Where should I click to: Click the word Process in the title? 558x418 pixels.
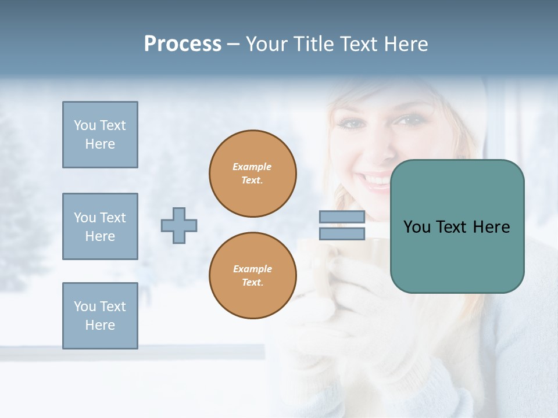click(x=183, y=44)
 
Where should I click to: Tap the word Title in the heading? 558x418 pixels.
click(x=314, y=44)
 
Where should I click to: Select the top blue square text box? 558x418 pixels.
click(x=100, y=135)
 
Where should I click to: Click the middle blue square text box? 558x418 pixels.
click(x=100, y=226)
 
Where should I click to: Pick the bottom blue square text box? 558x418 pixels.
click(x=100, y=316)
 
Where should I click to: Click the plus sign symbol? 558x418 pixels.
click(x=179, y=225)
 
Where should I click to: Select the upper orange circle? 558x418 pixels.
click(x=253, y=174)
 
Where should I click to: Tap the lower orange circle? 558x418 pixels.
click(x=253, y=276)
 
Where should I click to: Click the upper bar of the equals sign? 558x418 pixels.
click(x=342, y=217)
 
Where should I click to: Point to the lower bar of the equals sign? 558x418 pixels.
click(x=342, y=233)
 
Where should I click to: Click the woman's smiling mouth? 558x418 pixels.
click(x=378, y=182)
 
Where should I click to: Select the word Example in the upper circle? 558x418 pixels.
click(x=252, y=167)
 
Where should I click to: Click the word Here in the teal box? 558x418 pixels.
click(x=491, y=227)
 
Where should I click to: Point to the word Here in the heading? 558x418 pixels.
click(x=405, y=44)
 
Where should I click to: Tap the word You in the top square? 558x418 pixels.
click(x=85, y=125)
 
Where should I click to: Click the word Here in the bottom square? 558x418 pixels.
click(x=100, y=325)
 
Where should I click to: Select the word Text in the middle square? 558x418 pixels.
click(x=113, y=218)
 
